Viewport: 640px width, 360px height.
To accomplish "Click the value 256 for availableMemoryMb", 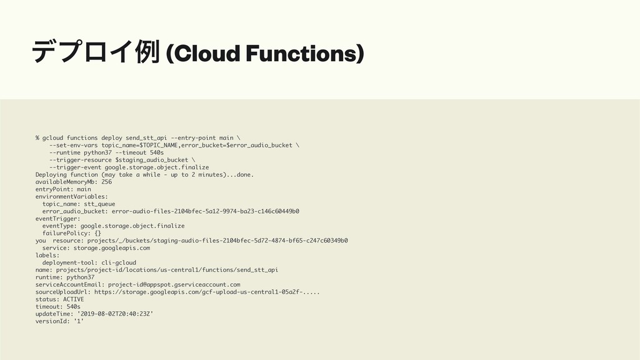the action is coord(106,182).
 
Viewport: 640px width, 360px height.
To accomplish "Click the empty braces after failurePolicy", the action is coord(97,233).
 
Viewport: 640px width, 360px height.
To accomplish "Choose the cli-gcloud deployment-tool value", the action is coord(119,262).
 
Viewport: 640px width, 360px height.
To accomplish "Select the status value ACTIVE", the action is coord(73,299).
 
